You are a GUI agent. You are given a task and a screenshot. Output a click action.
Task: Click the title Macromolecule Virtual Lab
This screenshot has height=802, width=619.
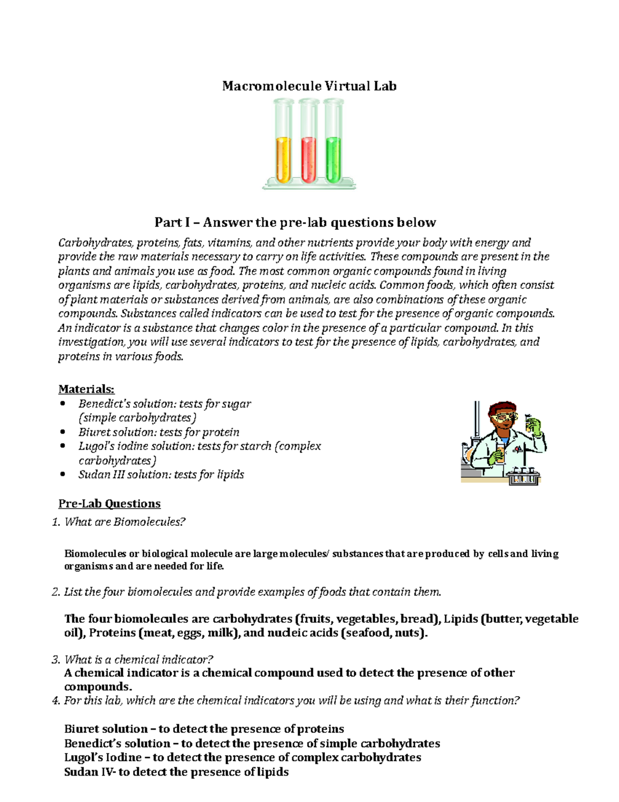click(x=309, y=86)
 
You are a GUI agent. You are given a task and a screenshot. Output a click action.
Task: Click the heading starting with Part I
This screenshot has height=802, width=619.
click(x=295, y=223)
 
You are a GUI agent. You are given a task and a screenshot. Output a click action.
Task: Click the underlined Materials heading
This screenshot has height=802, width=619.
click(x=86, y=389)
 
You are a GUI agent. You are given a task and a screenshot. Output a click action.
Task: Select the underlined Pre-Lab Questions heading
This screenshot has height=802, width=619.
click(x=109, y=504)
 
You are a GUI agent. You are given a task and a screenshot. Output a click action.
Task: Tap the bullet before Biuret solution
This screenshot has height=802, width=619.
click(x=63, y=432)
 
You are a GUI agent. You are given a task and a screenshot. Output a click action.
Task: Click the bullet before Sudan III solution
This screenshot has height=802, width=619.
click(x=63, y=474)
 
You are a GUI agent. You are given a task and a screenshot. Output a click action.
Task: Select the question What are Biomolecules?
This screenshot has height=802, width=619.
click(x=124, y=522)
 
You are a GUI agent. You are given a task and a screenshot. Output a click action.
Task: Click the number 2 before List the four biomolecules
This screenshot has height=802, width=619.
click(x=56, y=592)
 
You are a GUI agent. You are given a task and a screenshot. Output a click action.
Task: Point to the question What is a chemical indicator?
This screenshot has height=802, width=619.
click(x=138, y=659)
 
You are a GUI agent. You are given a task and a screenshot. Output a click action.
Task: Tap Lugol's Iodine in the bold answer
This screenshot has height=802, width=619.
click(x=103, y=758)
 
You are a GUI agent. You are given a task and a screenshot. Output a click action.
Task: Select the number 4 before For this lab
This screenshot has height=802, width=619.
click(x=56, y=701)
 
